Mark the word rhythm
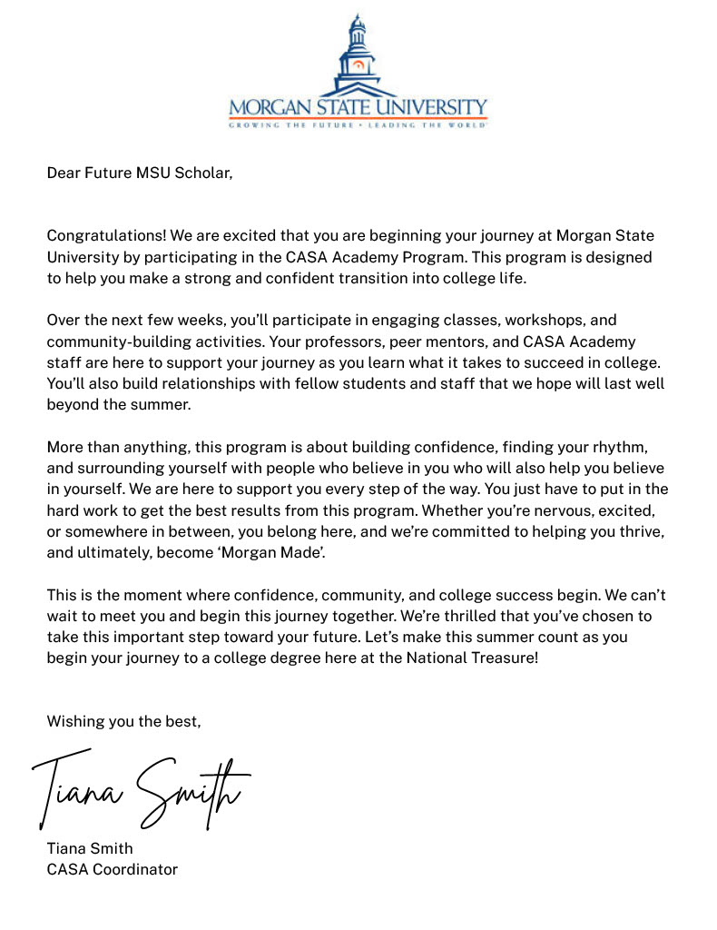(619, 447)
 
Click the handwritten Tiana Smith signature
(141, 787)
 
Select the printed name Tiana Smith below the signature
(90, 849)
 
